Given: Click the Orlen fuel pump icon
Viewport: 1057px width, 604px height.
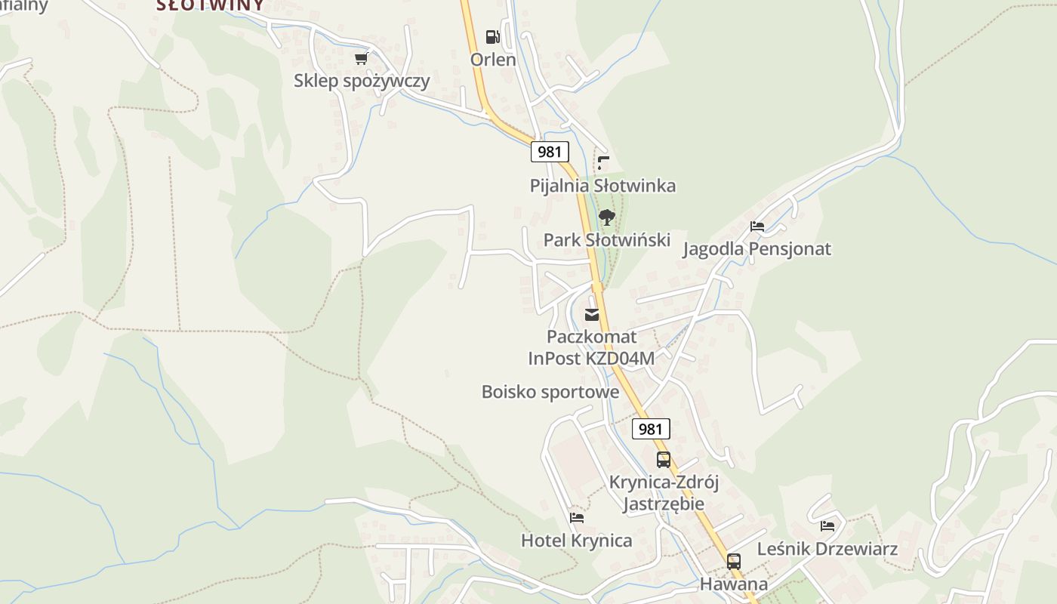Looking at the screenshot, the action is (492, 36).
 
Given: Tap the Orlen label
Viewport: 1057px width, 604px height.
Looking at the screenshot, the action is (493, 60).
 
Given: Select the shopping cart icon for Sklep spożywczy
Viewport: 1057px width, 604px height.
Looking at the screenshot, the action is (362, 58).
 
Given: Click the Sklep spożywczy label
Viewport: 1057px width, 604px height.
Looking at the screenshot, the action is (362, 81).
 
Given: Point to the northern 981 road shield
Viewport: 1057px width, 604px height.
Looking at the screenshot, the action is (549, 152).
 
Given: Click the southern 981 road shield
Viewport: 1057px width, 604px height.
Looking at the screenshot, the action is (650, 429).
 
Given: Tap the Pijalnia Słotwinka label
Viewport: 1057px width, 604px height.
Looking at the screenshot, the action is (602, 186).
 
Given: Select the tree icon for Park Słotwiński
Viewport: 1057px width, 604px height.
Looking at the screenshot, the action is (606, 218).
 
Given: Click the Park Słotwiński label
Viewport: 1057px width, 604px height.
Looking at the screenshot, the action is (607, 240).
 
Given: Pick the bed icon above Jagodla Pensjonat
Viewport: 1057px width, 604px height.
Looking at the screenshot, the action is (757, 226).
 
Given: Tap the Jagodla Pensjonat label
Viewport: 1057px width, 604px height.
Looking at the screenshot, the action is (757, 249).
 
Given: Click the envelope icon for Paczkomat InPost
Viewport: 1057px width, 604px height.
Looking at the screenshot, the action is (592, 315).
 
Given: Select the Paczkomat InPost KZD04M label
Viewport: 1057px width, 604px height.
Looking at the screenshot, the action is (591, 347).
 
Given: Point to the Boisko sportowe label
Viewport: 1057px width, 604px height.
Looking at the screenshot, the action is (550, 392).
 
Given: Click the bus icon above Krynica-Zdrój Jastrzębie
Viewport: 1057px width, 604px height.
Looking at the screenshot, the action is (664, 459).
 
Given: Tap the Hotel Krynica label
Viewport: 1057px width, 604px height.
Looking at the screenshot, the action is (577, 541).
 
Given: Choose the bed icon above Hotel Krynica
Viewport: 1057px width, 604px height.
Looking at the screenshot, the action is (577, 518).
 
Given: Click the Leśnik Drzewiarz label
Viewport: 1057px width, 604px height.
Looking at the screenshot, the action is (827, 549).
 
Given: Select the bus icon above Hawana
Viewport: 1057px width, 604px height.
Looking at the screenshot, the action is (733, 562).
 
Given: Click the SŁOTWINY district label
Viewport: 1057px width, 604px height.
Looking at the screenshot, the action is (211, 5).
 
